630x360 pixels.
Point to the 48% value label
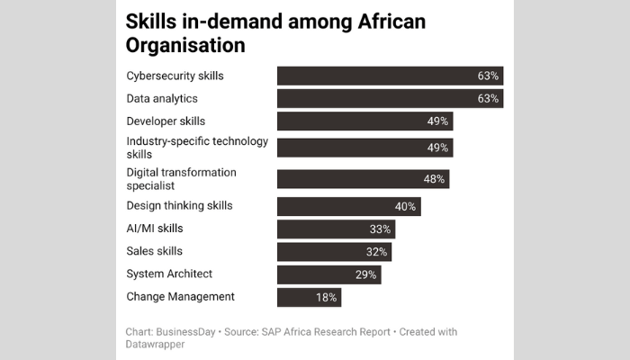coord(434,179)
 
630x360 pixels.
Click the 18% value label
coord(326,297)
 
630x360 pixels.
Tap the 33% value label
coord(380,229)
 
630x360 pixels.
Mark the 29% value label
coord(365,274)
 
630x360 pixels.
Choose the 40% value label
coord(405,207)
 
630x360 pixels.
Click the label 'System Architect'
coord(169,274)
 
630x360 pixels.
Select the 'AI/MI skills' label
coord(154,229)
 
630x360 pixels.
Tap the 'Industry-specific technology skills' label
coord(184,148)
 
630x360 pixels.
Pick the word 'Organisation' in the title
coord(186,44)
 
